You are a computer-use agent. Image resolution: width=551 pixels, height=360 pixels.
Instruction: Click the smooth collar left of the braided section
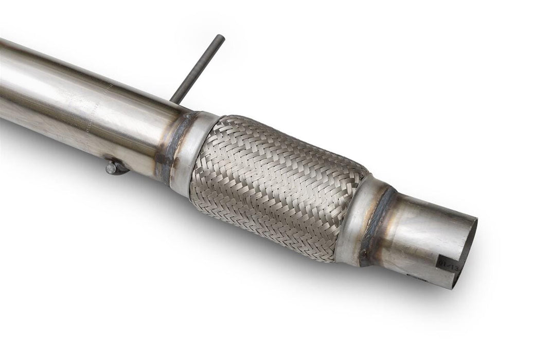[193, 152]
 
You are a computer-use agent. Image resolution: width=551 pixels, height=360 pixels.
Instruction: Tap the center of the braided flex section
[278, 188]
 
